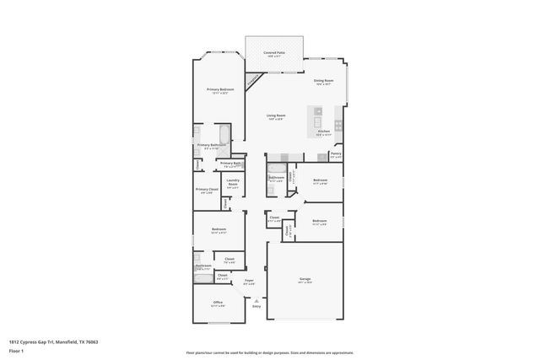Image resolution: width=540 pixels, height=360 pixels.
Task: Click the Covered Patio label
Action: pyautogui.click(x=274, y=52)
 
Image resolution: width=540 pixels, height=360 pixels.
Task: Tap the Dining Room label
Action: pyautogui.click(x=324, y=82)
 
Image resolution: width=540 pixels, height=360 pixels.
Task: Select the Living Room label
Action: pyautogui.click(x=275, y=116)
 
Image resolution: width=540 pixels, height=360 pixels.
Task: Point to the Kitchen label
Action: pyautogui.click(x=323, y=132)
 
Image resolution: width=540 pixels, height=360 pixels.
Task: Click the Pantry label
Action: pyautogui.click(x=335, y=153)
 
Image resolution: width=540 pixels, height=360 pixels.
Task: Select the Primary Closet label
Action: pyautogui.click(x=207, y=190)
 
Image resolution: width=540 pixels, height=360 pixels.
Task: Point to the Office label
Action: pyautogui.click(x=218, y=302)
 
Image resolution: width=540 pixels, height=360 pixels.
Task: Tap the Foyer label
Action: pyautogui.click(x=249, y=281)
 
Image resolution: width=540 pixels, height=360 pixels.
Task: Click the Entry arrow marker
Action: pyautogui.click(x=256, y=299)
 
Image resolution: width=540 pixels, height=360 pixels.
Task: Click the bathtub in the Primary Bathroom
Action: pyautogui.click(x=222, y=135)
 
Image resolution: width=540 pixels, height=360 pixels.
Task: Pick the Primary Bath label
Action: pyautogui.click(x=231, y=163)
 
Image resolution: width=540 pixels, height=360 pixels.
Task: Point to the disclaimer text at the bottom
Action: pyautogui.click(x=270, y=352)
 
